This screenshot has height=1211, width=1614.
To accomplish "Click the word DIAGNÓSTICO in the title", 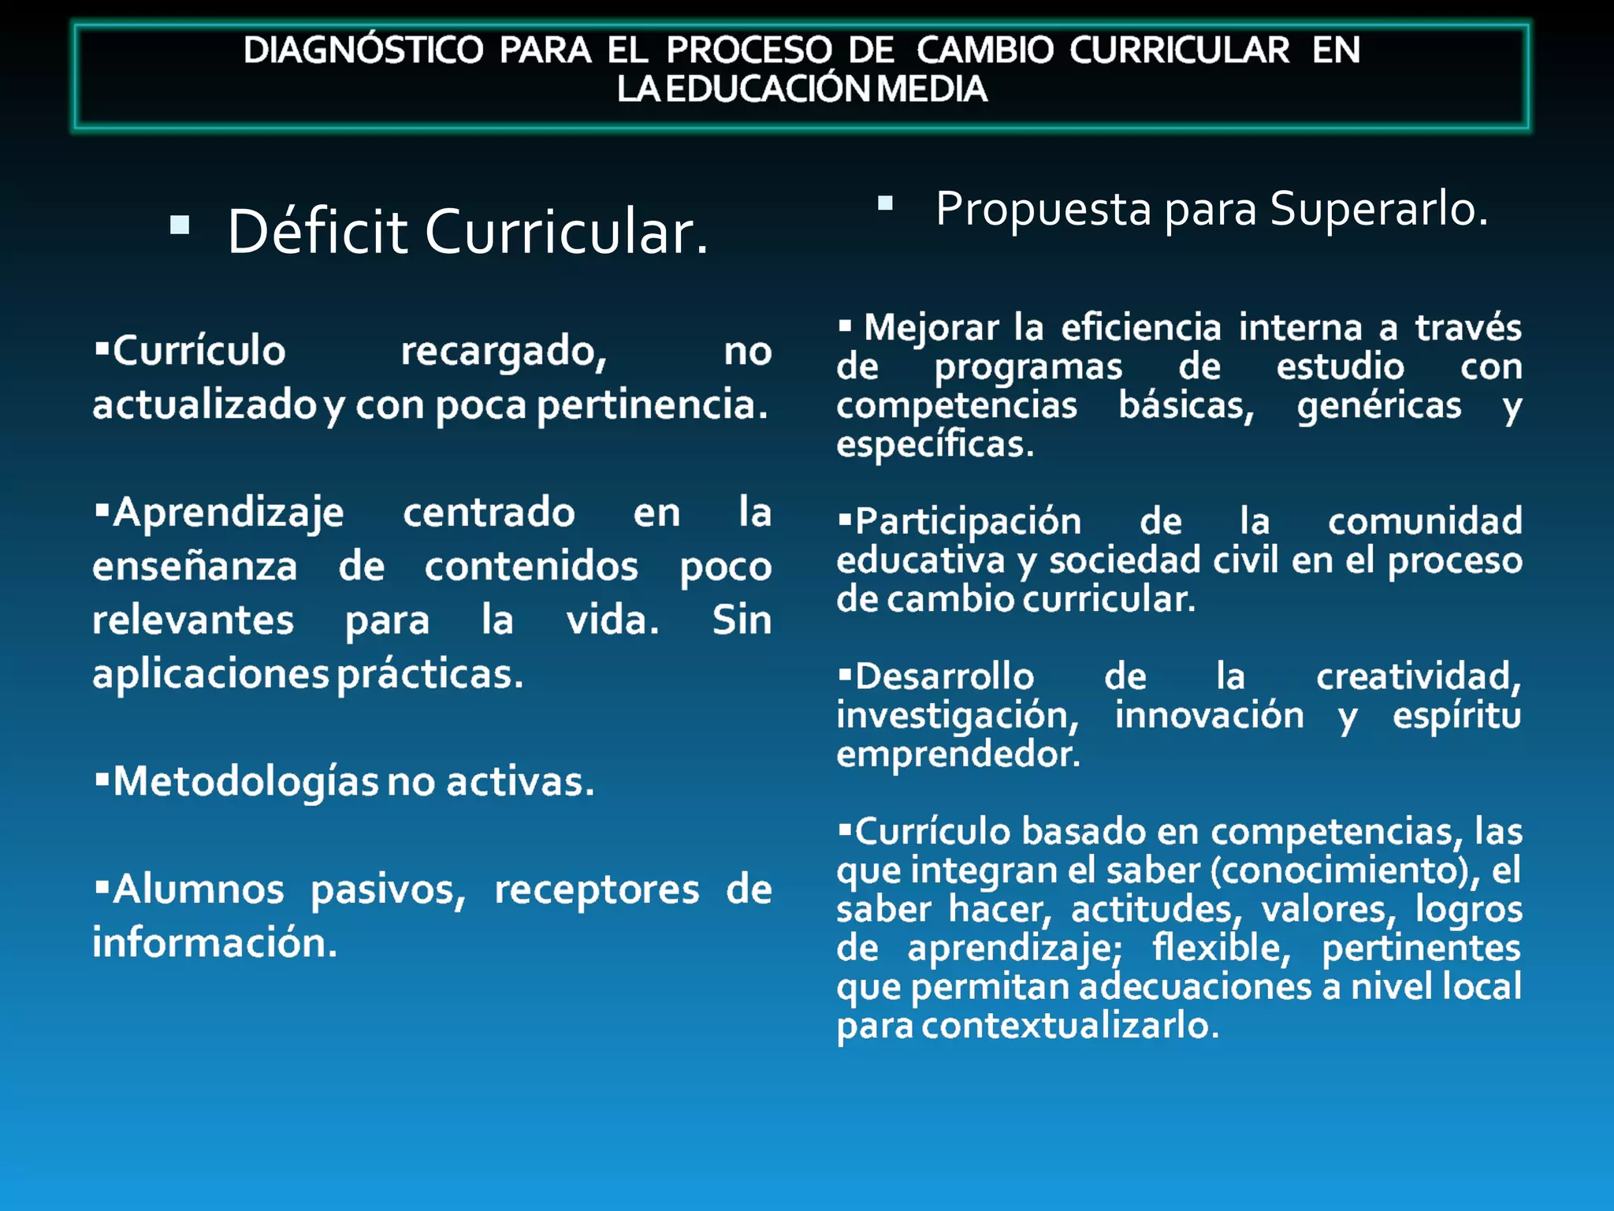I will click(x=363, y=50).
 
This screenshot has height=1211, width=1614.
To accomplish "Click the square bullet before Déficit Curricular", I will click(x=180, y=225).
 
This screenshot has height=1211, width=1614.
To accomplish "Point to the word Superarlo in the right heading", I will click(x=1378, y=209).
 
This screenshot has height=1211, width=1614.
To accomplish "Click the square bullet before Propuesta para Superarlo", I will click(x=885, y=203).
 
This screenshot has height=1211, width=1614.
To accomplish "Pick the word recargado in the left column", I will click(x=504, y=352).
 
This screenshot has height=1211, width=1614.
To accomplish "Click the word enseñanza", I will click(x=195, y=567).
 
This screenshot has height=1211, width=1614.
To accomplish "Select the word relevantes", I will click(x=193, y=620).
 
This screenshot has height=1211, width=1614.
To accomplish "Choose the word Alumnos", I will click(x=198, y=890).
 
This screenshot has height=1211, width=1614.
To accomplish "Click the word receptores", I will click(x=597, y=890).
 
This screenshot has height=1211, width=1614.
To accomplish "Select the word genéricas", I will click(x=1379, y=406).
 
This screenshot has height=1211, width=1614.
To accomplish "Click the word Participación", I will click(x=969, y=522).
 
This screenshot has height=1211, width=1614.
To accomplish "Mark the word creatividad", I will click(x=1419, y=677).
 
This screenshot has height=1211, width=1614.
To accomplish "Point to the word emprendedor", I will click(x=958, y=755).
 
